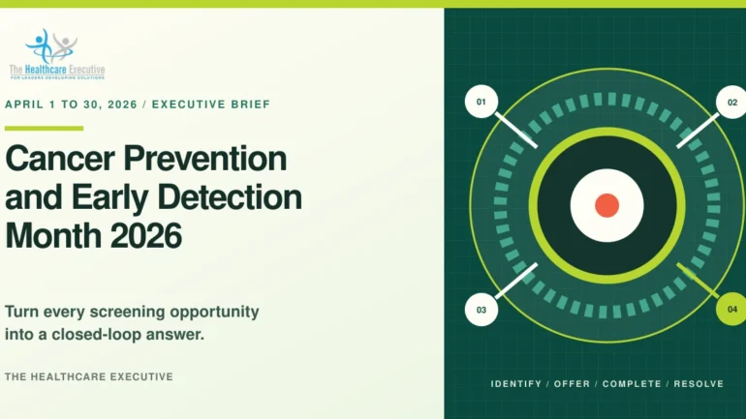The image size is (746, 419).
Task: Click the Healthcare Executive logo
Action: pyautogui.click(x=57, y=53)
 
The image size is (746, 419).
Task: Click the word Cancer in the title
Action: pyautogui.click(x=60, y=158)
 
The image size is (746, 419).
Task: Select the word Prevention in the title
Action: pyautogui.click(x=205, y=158)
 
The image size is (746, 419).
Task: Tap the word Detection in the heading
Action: pyautogui.click(x=234, y=197)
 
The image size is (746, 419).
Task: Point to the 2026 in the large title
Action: pyautogui.click(x=146, y=236)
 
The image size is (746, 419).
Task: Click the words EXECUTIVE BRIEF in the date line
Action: pyautogui.click(x=211, y=105)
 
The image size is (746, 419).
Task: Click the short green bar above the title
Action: pyautogui.click(x=45, y=129)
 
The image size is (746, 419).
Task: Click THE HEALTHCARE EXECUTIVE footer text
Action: pyautogui.click(x=89, y=376)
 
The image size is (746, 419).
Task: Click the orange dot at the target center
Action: pyautogui.click(x=607, y=206)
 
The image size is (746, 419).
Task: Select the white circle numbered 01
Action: pyautogui.click(x=482, y=102)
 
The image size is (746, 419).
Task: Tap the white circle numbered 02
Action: pyautogui.click(x=732, y=103)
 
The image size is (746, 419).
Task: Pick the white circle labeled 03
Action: pyautogui.click(x=482, y=310)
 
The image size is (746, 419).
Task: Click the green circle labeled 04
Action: pyautogui.click(x=732, y=310)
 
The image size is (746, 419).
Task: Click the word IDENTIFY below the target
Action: pyautogui.click(x=516, y=384)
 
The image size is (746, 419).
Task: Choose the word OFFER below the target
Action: pyautogui.click(x=572, y=384)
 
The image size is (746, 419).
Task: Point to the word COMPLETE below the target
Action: pyautogui.click(x=632, y=384)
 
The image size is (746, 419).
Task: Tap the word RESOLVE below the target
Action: pyautogui.click(x=699, y=384)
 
